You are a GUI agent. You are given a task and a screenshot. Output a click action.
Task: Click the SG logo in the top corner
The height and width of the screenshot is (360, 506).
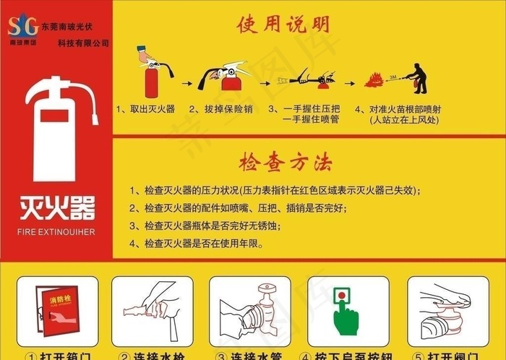22,27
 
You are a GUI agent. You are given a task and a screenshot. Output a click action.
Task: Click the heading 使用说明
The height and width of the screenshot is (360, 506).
283,25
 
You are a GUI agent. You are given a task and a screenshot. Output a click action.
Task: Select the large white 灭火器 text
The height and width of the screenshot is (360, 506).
57,208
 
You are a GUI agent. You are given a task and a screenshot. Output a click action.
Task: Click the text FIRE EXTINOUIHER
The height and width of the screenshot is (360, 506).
56,233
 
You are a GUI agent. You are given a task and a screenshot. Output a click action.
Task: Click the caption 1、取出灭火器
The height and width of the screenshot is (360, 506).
145,109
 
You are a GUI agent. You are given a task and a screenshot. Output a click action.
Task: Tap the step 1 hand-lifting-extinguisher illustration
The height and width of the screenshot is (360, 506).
153,71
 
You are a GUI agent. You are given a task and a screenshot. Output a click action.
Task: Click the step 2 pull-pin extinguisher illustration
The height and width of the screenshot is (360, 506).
226,75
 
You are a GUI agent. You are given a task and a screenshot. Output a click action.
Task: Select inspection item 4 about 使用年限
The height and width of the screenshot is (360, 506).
197,244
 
